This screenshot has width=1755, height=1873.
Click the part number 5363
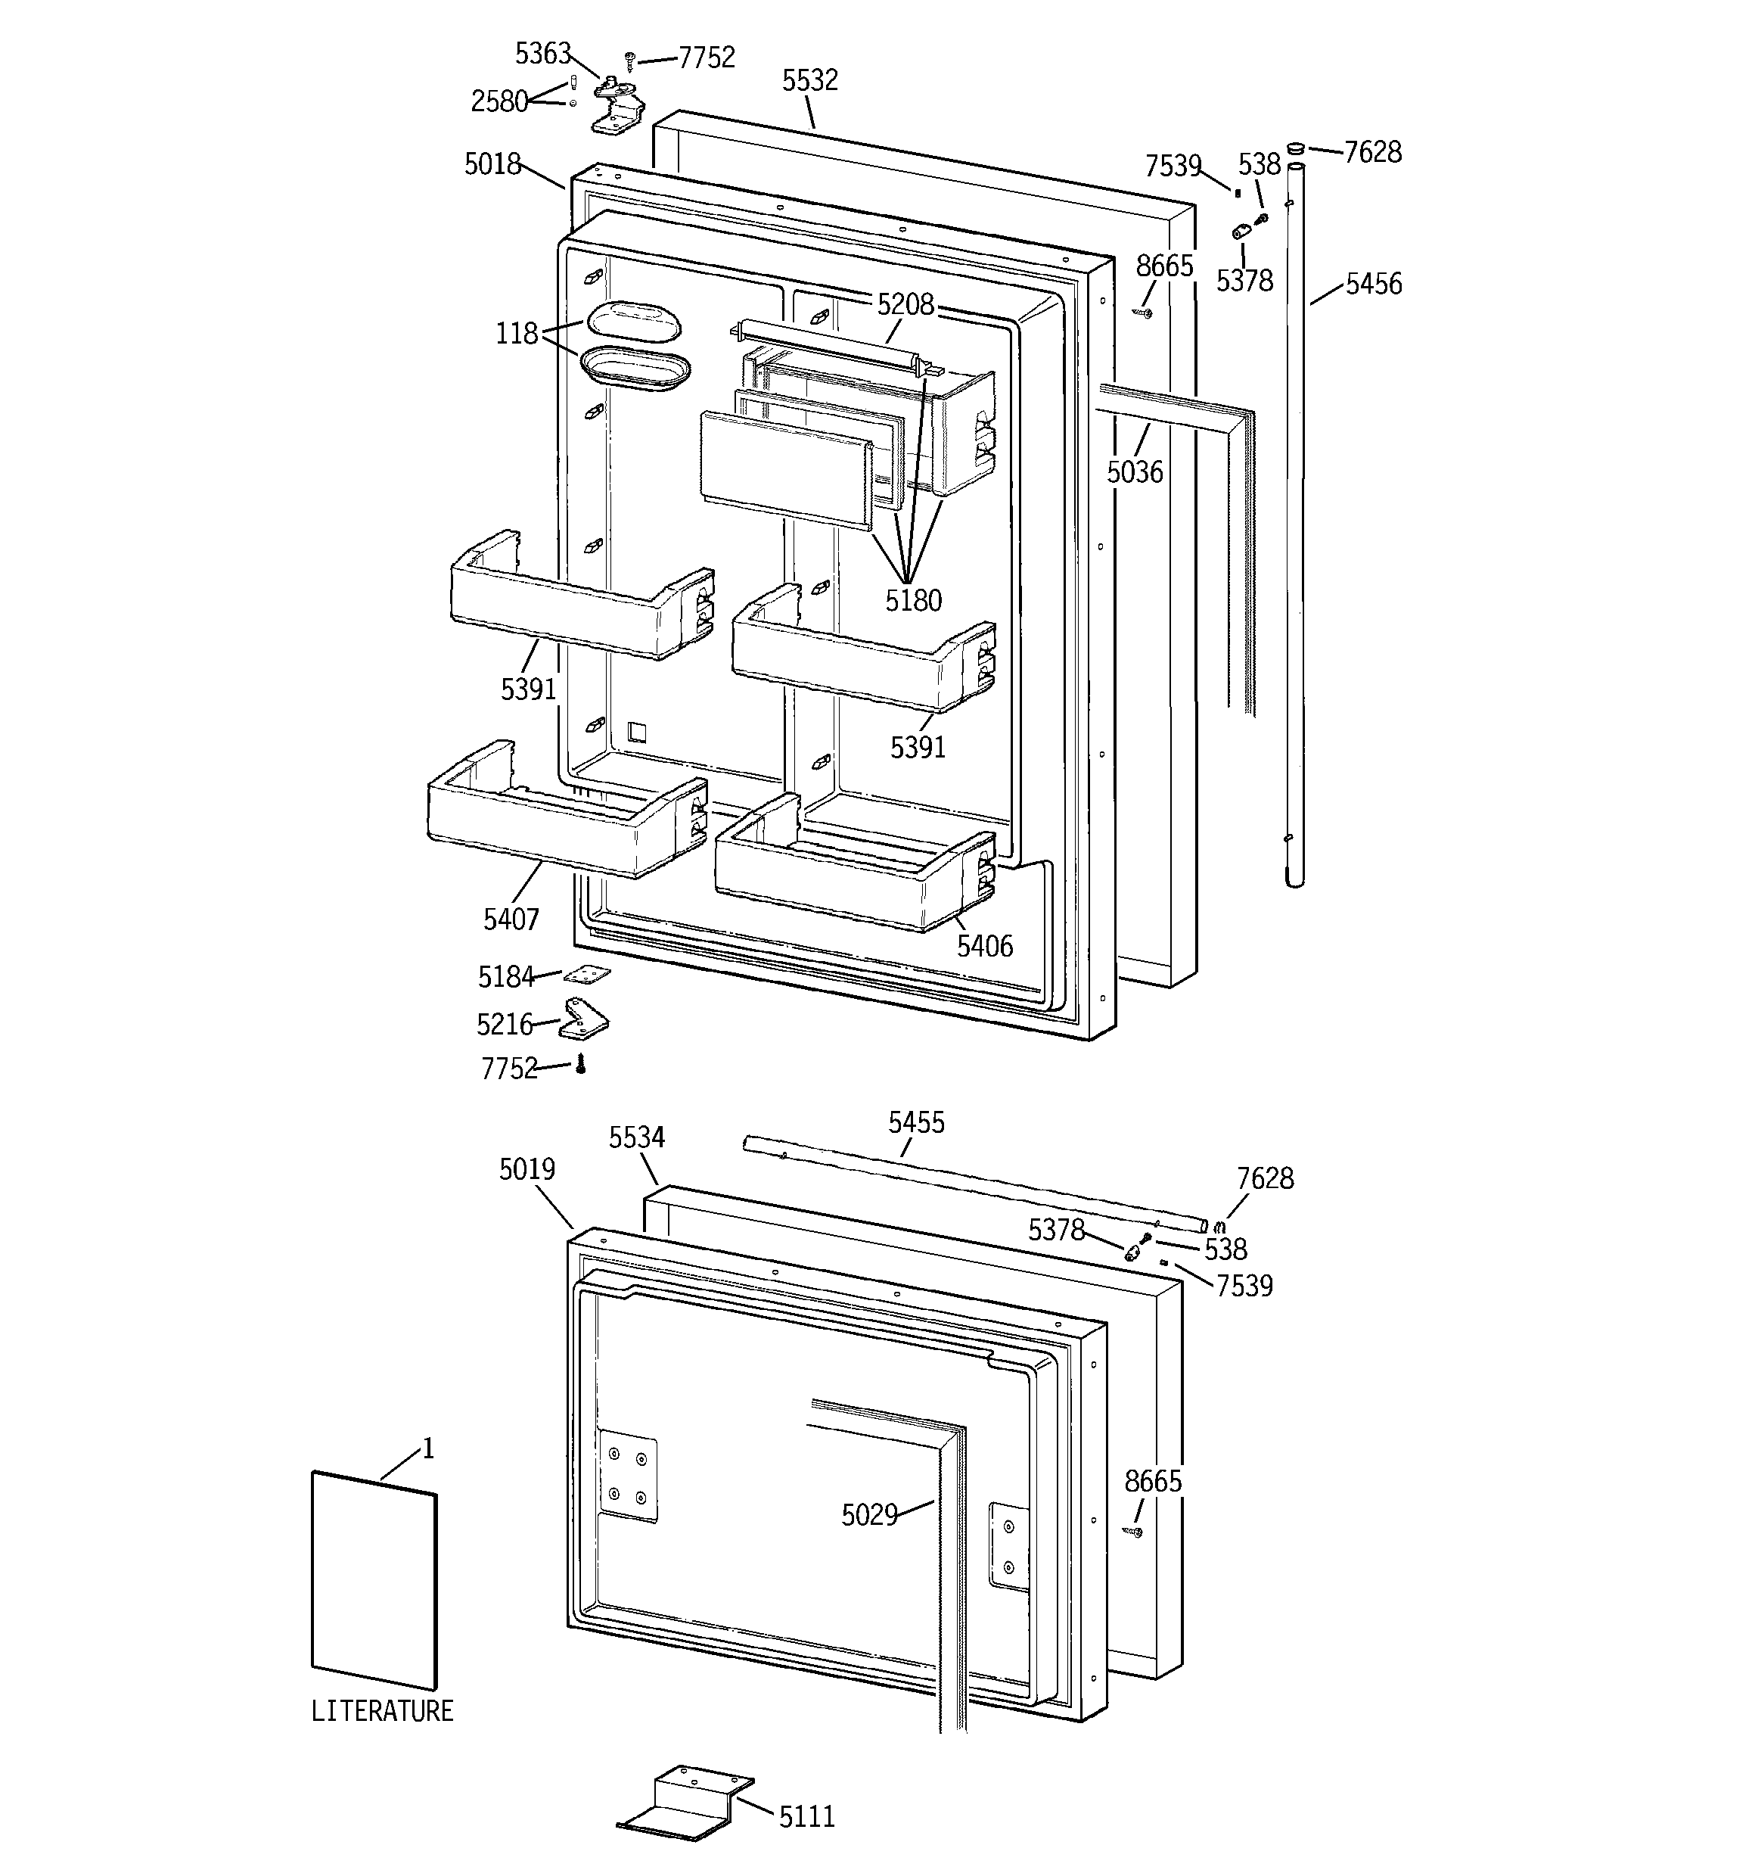tap(542, 54)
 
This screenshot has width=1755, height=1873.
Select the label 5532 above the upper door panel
tap(809, 80)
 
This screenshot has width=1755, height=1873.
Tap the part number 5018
tap(492, 164)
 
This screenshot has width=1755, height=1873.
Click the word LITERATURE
tap(381, 1710)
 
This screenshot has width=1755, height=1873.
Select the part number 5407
tap(511, 919)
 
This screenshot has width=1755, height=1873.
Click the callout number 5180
tap(913, 600)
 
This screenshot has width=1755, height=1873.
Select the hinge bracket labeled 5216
tap(584, 1020)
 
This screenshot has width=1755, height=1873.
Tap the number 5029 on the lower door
tap(868, 1515)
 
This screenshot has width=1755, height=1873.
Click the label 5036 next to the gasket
tap(1134, 472)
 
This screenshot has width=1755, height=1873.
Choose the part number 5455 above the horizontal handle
tap(915, 1122)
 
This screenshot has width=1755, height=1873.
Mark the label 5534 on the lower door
tap(636, 1138)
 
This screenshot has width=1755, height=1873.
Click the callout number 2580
tap(499, 101)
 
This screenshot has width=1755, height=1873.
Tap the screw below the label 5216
tap(581, 1065)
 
